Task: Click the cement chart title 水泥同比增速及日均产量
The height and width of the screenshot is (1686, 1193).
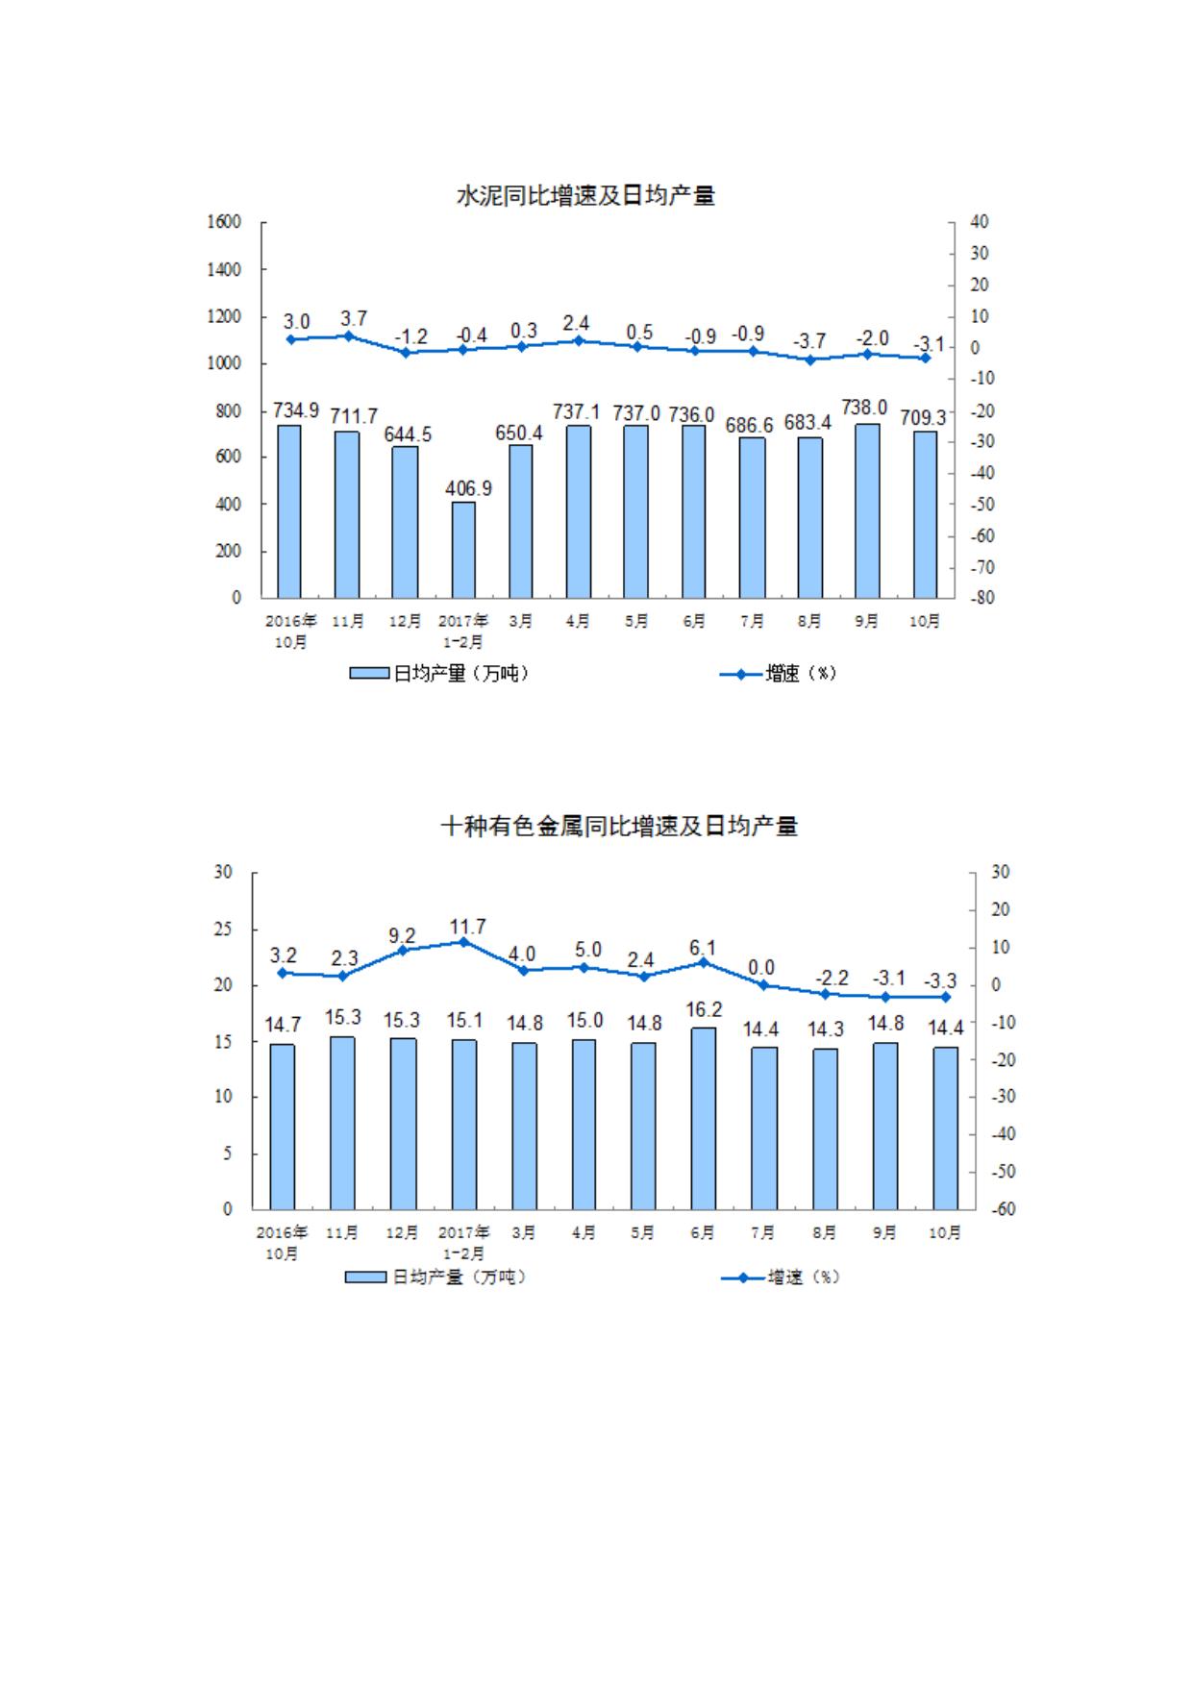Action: pyautogui.click(x=584, y=196)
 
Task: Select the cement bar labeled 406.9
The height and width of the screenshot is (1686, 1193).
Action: pyautogui.click(x=463, y=549)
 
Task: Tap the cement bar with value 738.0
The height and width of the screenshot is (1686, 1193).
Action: pyautogui.click(x=867, y=510)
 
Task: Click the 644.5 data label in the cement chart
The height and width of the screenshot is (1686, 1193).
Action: pyautogui.click(x=408, y=434)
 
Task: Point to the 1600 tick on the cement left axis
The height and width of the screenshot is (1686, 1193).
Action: pyautogui.click(x=224, y=222)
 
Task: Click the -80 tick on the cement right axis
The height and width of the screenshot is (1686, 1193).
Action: pyautogui.click(x=980, y=598)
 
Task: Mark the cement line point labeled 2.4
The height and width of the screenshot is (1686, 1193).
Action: pyautogui.click(x=578, y=340)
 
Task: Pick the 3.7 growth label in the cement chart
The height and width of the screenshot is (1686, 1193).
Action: pyautogui.click(x=353, y=318)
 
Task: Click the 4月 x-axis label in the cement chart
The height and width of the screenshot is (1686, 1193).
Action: pyautogui.click(x=578, y=622)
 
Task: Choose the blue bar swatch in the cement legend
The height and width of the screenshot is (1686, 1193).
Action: pyautogui.click(x=369, y=674)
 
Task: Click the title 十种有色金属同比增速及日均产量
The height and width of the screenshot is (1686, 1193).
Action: pyautogui.click(x=619, y=827)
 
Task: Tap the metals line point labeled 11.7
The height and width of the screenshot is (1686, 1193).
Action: pyautogui.click(x=463, y=942)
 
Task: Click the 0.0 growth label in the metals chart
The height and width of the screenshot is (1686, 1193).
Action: pyautogui.click(x=761, y=968)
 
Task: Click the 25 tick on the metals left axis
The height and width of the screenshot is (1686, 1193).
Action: pyautogui.click(x=223, y=930)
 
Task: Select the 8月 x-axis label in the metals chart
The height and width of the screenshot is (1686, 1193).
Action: pyautogui.click(x=824, y=1232)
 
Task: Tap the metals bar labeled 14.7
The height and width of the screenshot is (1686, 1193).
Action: pyautogui.click(x=283, y=1127)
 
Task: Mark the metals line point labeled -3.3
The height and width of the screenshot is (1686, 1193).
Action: pyautogui.click(x=945, y=997)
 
